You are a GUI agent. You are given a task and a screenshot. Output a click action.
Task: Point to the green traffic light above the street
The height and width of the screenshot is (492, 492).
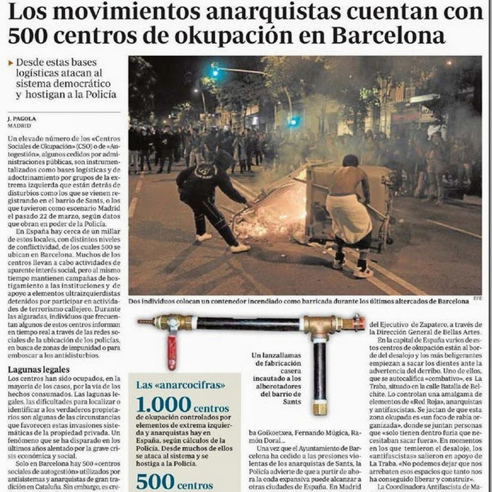pos(215,71)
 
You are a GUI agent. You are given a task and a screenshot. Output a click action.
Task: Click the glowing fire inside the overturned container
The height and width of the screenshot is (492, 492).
pos(271,215)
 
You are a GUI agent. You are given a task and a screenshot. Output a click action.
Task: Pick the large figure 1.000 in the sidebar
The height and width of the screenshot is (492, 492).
pos(164,405)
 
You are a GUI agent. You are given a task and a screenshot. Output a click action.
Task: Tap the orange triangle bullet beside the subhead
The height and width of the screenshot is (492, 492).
pos(10,63)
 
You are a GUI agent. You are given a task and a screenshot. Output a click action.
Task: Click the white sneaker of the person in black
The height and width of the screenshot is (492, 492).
pos(240,248)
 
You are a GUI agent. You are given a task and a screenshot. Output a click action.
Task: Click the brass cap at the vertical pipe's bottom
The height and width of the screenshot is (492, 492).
pos(319,408)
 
